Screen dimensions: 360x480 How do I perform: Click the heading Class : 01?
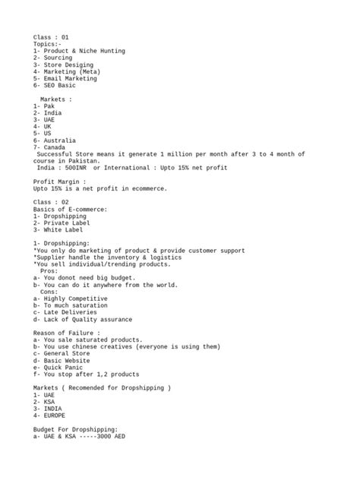pyautogui.click(x=51, y=37)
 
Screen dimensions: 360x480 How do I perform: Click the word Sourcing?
pyautogui.click(x=58, y=58)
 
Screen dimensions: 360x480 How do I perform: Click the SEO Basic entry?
pyautogui.click(x=60, y=85)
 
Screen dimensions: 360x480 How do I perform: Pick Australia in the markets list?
pyautogui.click(x=60, y=141)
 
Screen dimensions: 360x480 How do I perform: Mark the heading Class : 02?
pyautogui.click(x=51, y=202)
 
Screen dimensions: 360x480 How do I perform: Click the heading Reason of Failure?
pyautogui.click(x=66, y=333)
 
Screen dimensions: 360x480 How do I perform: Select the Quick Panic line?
pyautogui.click(x=62, y=368)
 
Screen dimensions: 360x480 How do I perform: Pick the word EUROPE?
pyautogui.click(x=55, y=415)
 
